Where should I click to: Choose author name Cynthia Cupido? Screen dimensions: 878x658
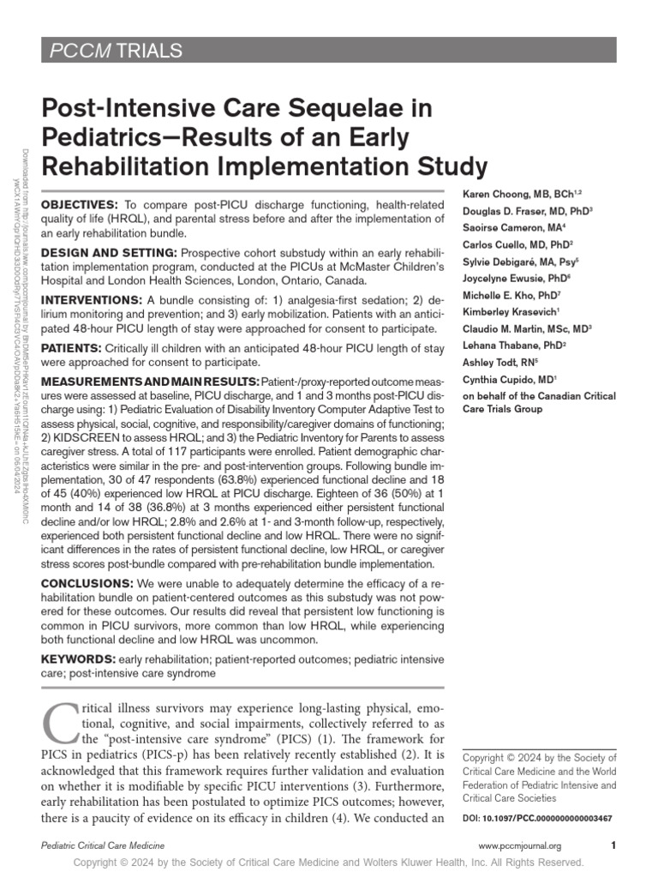pyautogui.click(x=497, y=378)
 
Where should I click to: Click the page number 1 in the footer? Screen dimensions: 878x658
pyautogui.click(x=614, y=845)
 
